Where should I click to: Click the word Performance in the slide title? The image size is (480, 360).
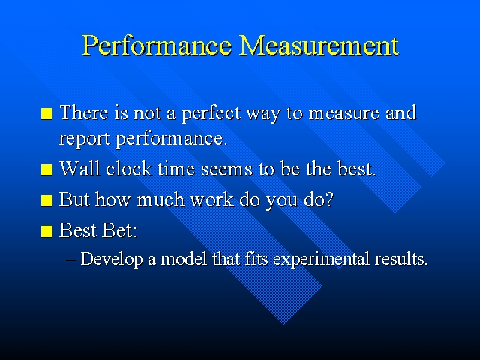coord(157,45)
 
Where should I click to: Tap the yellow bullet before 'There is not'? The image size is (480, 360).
coord(47,115)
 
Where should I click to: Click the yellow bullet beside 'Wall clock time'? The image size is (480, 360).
coord(47,170)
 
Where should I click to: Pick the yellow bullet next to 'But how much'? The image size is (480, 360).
coord(47,201)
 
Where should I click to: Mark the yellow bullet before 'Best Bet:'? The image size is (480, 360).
coord(47,232)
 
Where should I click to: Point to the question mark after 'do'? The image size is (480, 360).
coord(328,200)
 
